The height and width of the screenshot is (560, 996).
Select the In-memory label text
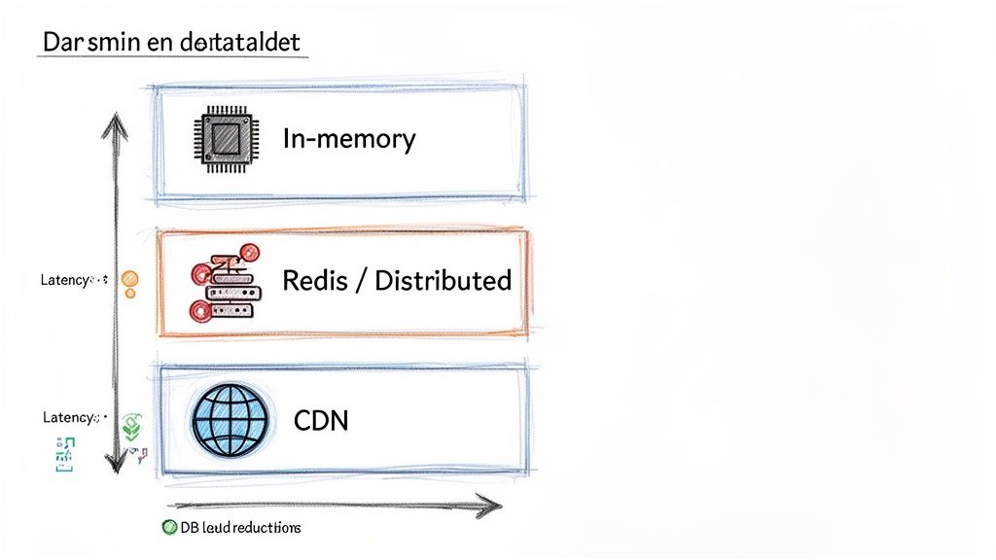tap(348, 139)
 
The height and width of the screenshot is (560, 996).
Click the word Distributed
tap(443, 281)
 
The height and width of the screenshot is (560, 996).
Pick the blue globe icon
tap(230, 421)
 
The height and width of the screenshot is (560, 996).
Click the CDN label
tap(320, 421)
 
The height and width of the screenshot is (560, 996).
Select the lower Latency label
tap(68, 417)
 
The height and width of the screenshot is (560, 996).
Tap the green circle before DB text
tap(169, 527)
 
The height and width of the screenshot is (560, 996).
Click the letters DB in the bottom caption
tap(189, 527)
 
